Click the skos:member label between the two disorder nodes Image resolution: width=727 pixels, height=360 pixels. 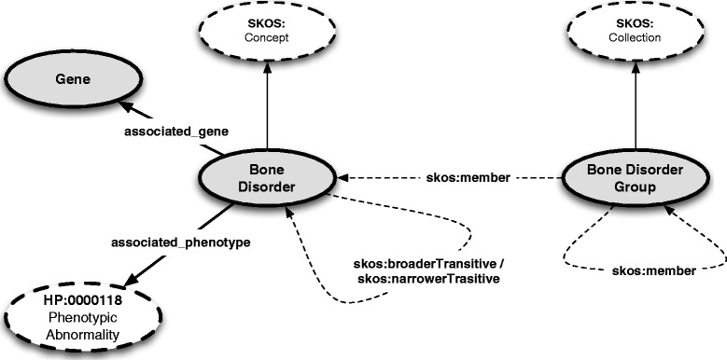[455, 176]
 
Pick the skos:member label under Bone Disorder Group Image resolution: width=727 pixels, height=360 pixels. [653, 270]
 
